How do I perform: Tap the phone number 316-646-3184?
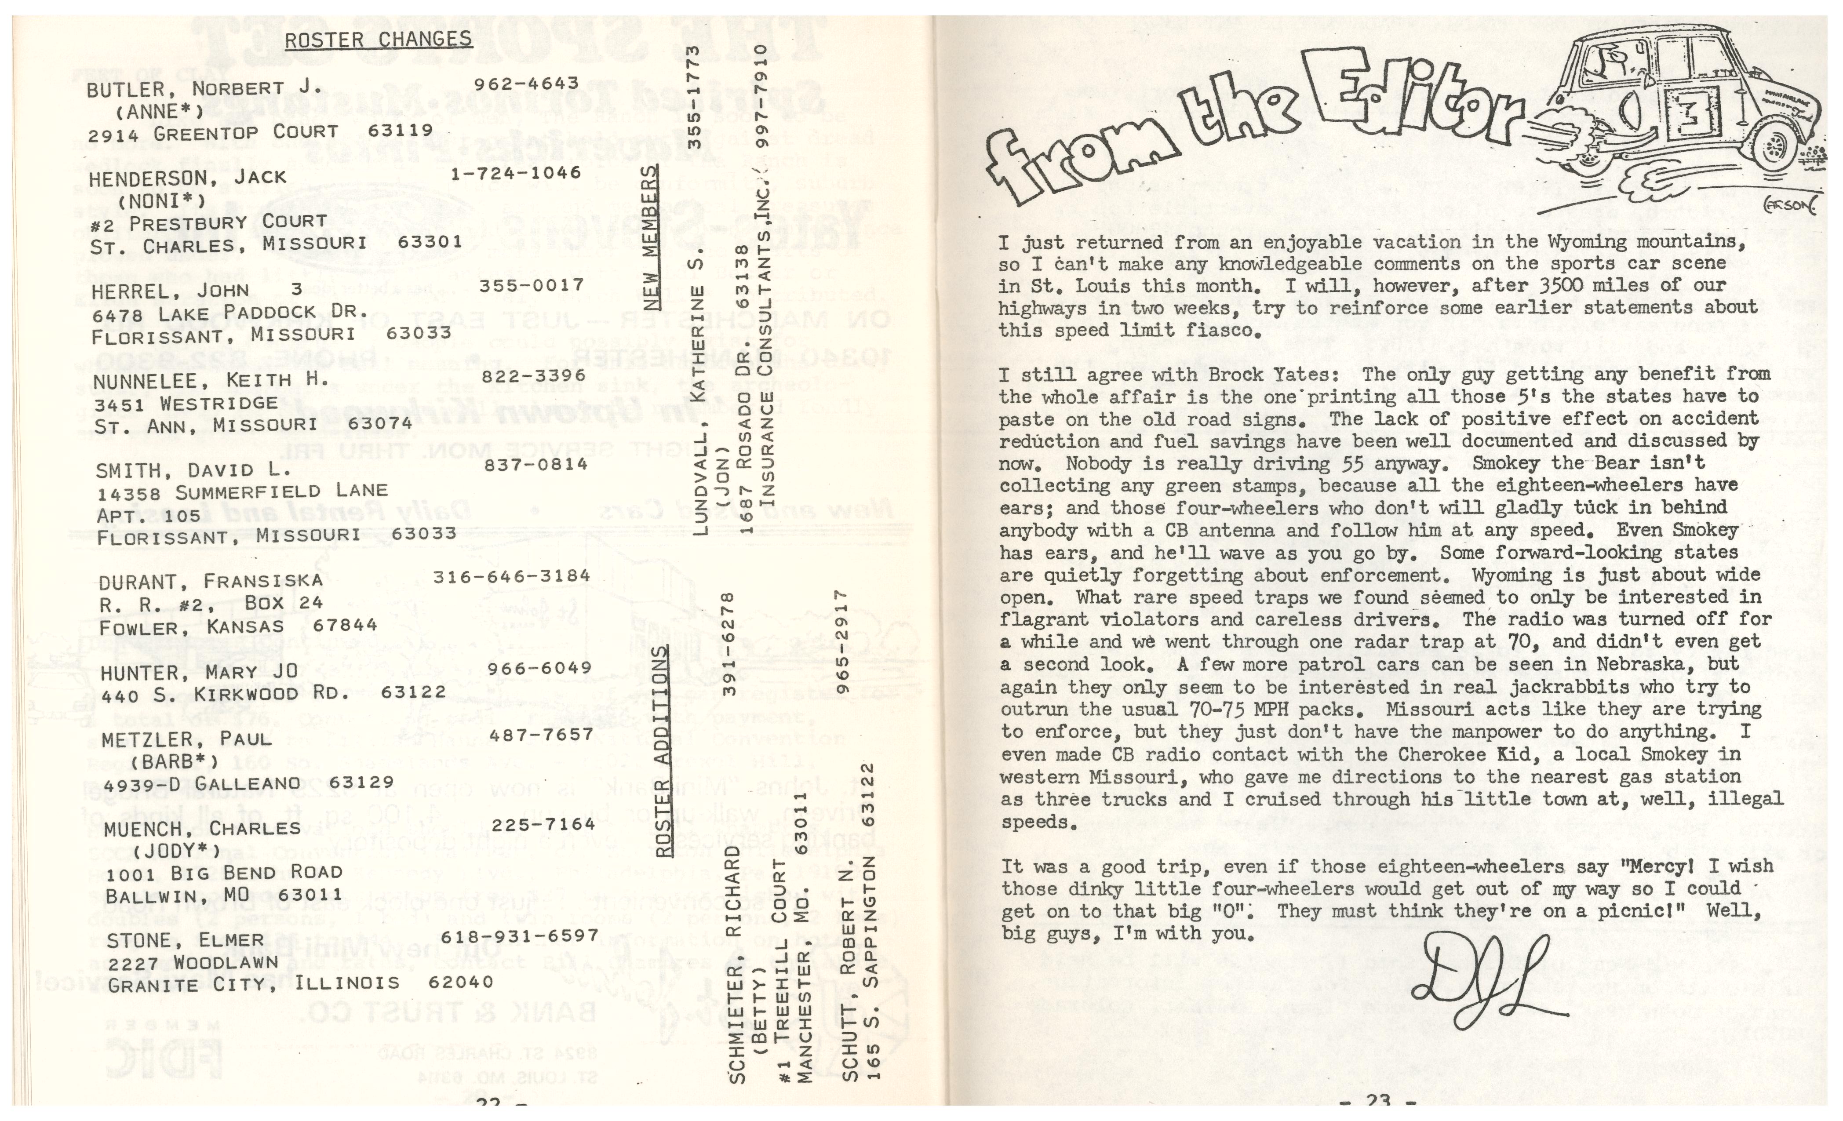click(x=512, y=576)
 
